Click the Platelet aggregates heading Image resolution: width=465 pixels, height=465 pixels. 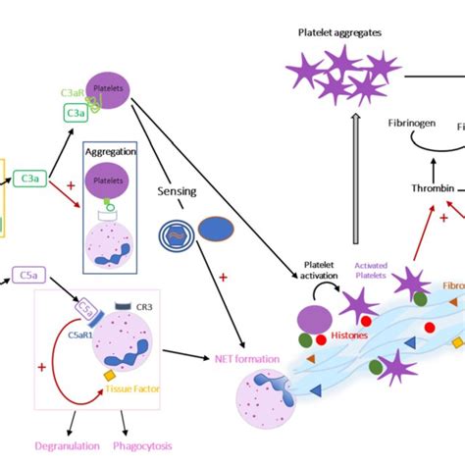tap(340, 32)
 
